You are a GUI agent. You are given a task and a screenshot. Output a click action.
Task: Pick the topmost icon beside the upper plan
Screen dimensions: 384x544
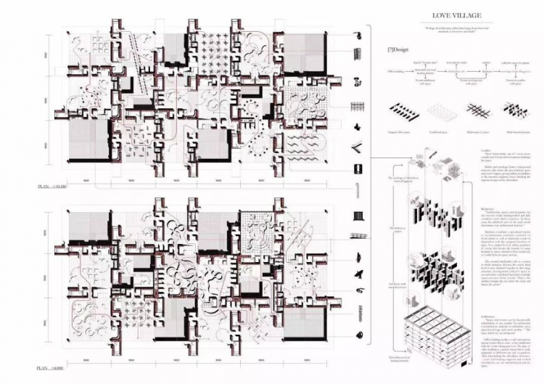pos(358,33)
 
